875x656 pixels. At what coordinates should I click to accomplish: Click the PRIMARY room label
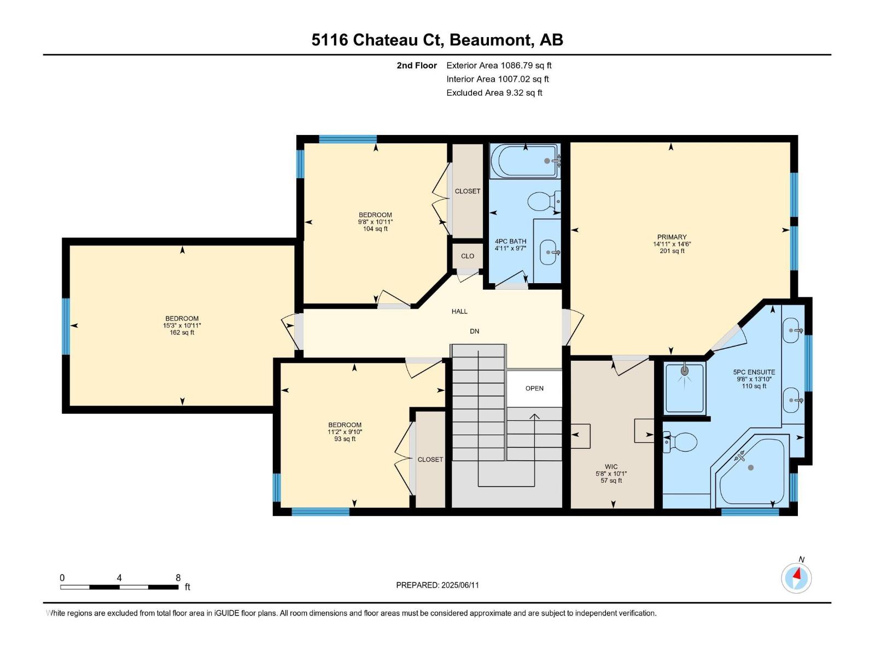(x=672, y=237)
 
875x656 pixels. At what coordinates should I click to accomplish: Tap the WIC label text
(x=611, y=467)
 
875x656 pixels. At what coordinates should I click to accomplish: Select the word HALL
(x=459, y=312)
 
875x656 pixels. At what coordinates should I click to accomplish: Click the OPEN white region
(x=534, y=389)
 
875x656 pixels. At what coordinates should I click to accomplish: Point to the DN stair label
(x=474, y=331)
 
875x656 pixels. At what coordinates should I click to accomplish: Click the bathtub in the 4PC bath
(x=524, y=161)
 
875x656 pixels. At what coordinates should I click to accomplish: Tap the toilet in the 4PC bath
(x=543, y=201)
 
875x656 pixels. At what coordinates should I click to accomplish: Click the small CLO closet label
(x=468, y=256)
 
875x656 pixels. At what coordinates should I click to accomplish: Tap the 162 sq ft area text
(x=182, y=332)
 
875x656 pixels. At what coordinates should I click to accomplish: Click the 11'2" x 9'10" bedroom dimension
(x=345, y=432)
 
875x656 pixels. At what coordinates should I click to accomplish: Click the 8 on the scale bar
(x=178, y=578)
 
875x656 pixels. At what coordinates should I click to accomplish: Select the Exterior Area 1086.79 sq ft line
(x=499, y=66)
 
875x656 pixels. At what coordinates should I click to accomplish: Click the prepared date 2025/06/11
(x=460, y=585)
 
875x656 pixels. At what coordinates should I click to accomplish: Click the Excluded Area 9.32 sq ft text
(x=494, y=93)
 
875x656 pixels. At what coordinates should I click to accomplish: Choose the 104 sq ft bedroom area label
(x=375, y=229)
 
